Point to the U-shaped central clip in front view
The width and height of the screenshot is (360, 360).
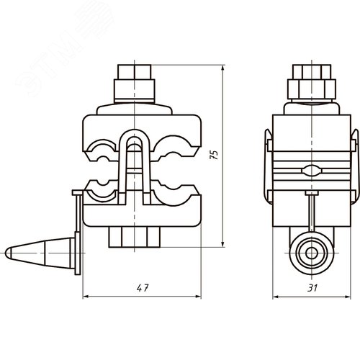click(x=135, y=155)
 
